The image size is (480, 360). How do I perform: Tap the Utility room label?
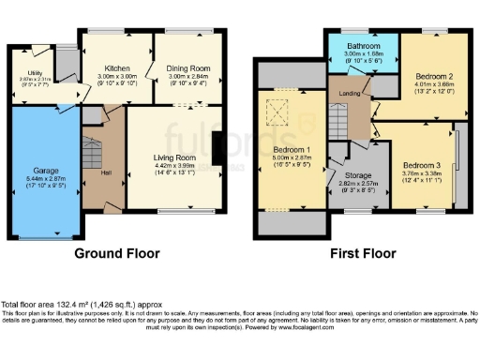pyautogui.click(x=38, y=71)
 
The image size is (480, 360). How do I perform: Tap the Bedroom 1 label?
pyautogui.click(x=292, y=150)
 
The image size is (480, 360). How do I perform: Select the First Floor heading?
pyautogui.click(x=361, y=253)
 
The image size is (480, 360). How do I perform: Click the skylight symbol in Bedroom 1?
pyautogui.click(x=277, y=115)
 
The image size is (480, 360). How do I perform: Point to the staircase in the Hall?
pyautogui.click(x=91, y=155)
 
